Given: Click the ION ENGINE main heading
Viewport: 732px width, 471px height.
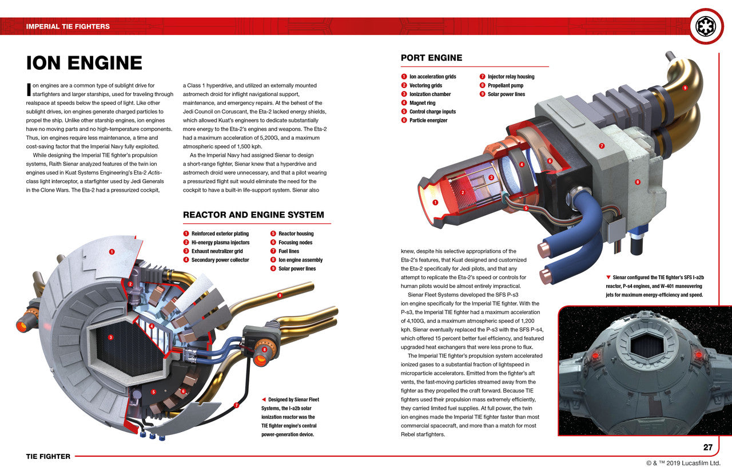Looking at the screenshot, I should tap(84, 63).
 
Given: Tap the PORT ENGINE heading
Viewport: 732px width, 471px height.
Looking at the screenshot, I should tap(431, 58).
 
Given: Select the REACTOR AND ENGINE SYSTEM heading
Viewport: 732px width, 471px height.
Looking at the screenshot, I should tap(253, 215).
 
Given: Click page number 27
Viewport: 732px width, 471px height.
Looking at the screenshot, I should tap(707, 448).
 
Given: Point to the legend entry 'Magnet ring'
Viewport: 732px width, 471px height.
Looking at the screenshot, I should tap(422, 103).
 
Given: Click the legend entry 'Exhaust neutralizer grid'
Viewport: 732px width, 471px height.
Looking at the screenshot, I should tap(217, 251).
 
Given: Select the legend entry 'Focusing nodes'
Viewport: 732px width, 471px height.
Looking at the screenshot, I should tap(295, 243).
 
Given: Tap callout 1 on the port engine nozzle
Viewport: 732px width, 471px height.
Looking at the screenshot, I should tap(435, 202).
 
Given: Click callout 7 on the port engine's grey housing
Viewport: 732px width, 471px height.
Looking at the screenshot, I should tap(602, 146).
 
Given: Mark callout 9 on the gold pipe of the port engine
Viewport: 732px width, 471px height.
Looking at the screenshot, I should tap(685, 88).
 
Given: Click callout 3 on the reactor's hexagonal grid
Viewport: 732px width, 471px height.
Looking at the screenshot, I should tap(110, 338).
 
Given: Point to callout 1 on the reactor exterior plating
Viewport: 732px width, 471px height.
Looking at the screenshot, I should tap(112, 251).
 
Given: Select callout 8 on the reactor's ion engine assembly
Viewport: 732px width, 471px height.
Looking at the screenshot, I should tap(264, 350).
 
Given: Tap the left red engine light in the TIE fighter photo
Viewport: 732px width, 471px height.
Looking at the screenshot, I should tap(595, 355).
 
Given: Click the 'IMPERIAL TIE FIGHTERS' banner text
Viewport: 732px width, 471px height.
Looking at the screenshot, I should tap(68, 26).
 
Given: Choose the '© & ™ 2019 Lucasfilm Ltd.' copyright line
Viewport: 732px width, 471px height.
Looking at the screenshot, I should tap(683, 463).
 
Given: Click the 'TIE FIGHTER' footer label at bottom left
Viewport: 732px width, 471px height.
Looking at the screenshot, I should tap(48, 456).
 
